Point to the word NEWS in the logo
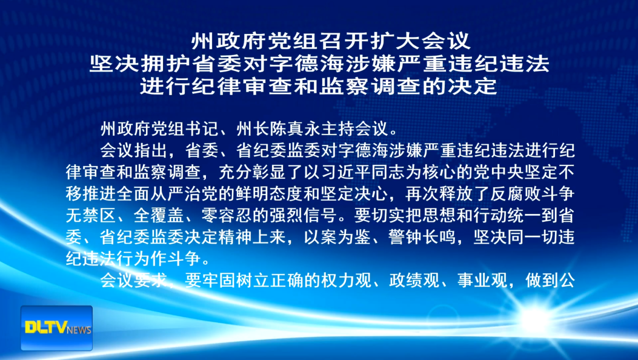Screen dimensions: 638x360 (79, 330)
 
